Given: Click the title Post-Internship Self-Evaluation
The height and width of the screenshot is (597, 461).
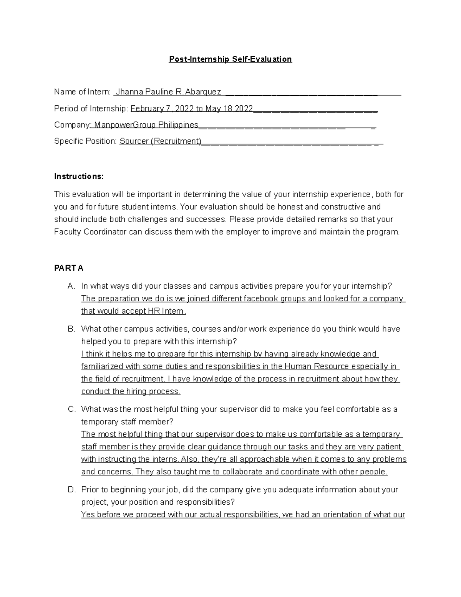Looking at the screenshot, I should coord(230,59).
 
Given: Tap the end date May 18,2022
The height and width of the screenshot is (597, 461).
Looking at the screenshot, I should coord(229,109).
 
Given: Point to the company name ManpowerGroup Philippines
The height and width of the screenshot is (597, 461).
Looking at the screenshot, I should coord(146,125).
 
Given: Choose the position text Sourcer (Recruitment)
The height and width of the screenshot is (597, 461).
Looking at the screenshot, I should coord(160,141).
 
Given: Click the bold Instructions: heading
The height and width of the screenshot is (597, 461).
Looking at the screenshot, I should coord(79,176).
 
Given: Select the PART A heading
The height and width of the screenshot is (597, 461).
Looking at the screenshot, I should coord(69,268).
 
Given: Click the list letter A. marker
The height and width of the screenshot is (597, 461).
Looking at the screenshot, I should coord(71,286).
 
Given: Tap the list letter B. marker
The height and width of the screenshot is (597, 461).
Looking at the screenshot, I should coord(71,329).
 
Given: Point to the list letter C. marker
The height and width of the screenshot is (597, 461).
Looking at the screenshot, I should coord(71,409).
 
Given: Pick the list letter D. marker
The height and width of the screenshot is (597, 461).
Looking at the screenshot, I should coord(71,490).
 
